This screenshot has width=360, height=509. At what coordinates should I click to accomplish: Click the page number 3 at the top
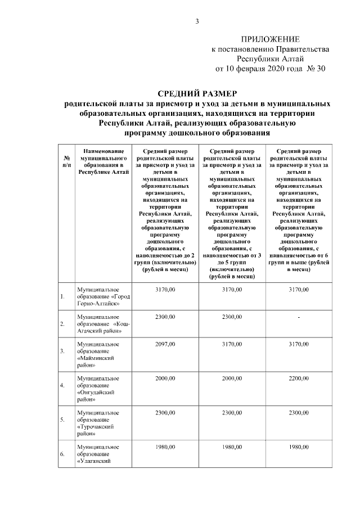pos(197,22)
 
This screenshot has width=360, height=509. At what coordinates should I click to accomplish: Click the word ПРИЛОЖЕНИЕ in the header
pos(271,39)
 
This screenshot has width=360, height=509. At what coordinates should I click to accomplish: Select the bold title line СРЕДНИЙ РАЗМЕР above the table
pos(197,93)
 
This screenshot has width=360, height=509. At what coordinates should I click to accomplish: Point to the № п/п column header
pos(66,161)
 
